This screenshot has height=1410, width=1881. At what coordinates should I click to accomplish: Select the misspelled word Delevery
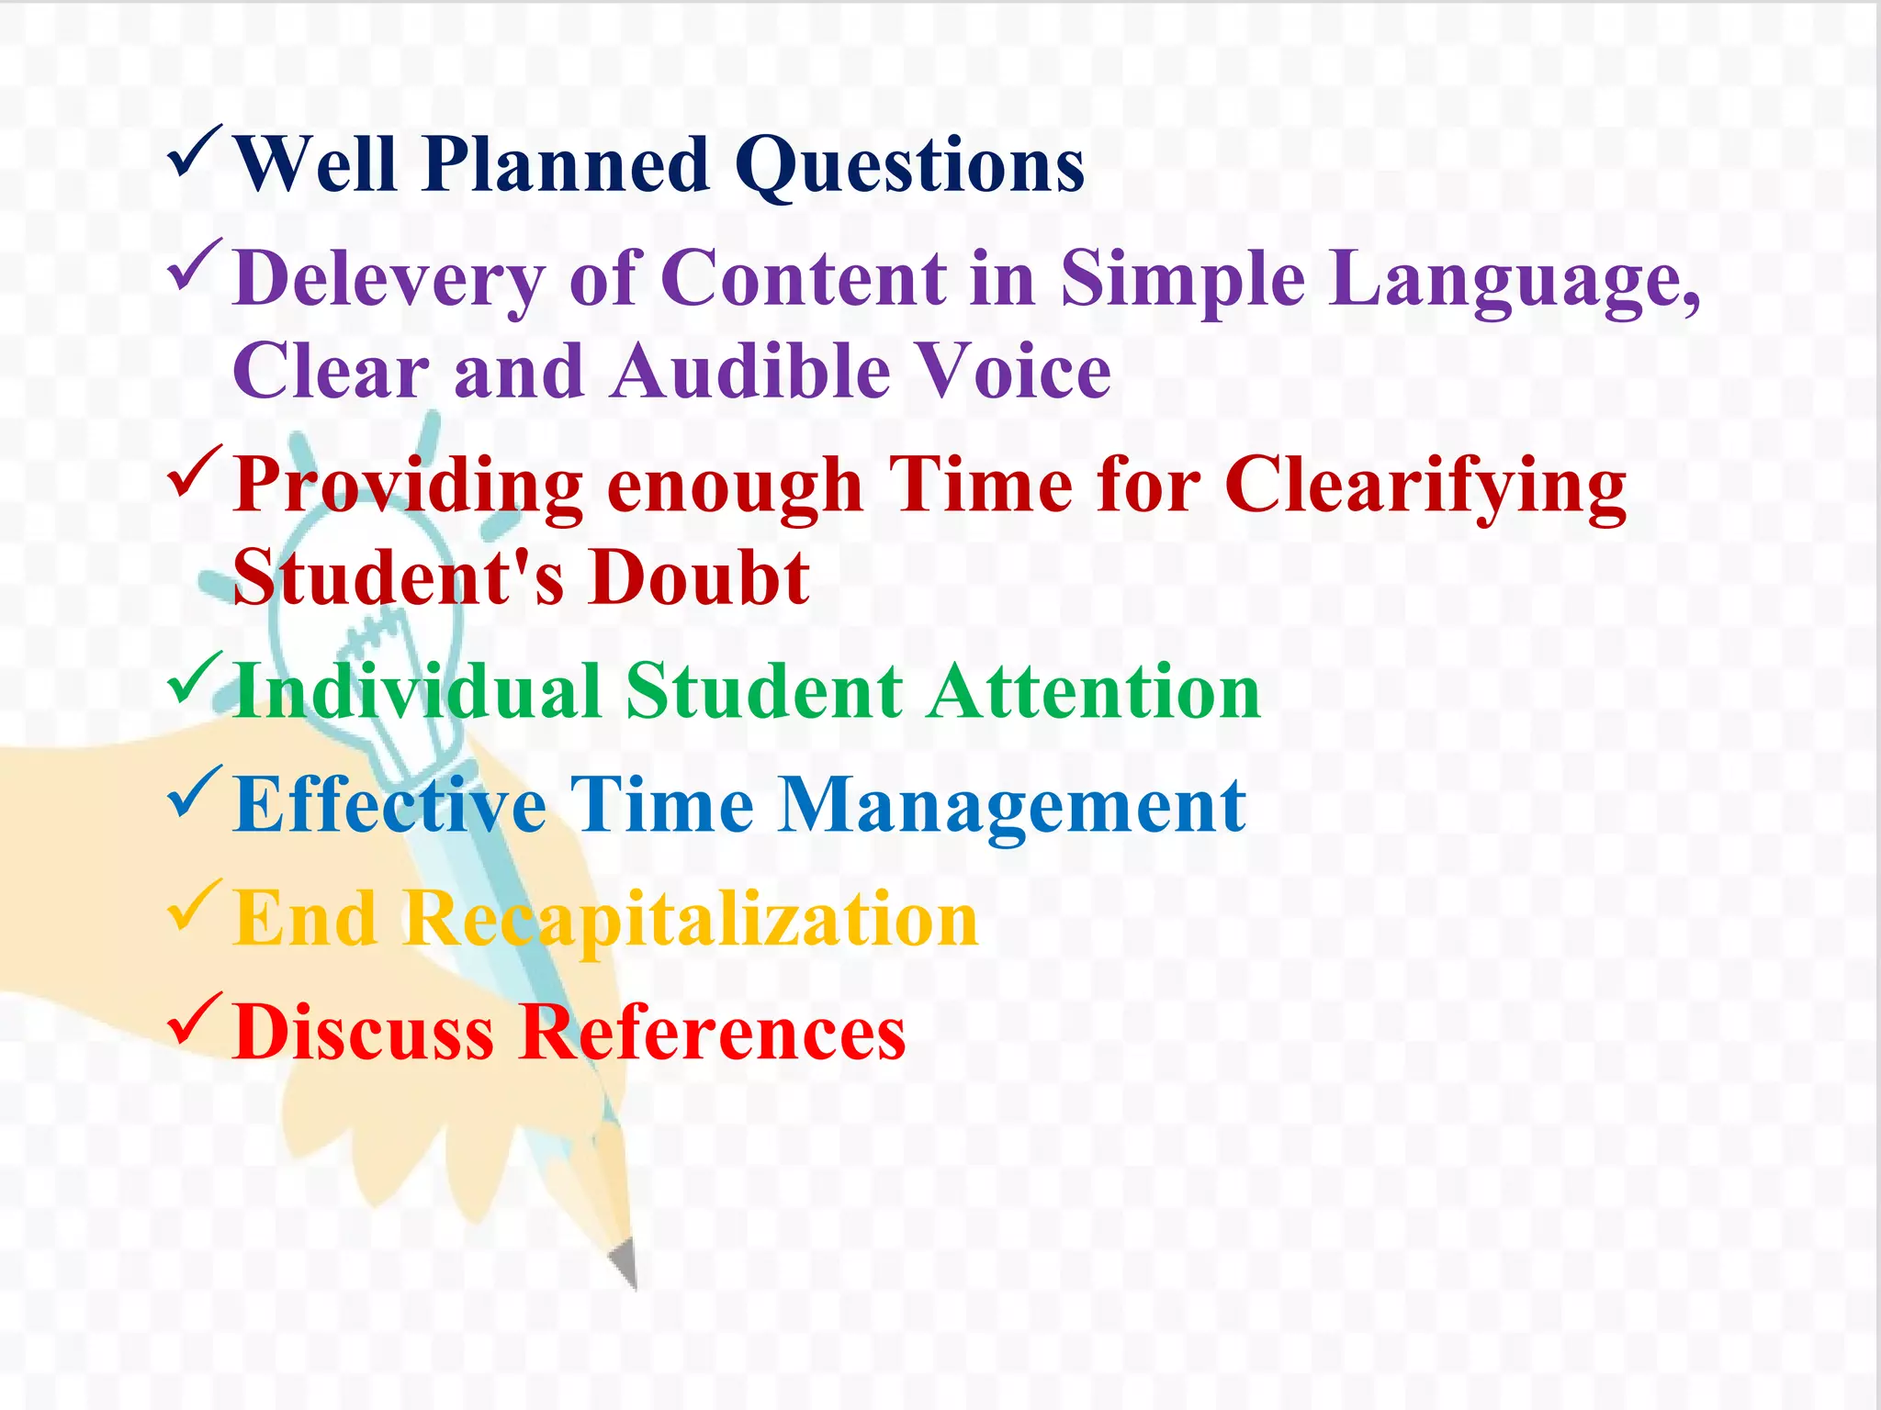click(x=389, y=279)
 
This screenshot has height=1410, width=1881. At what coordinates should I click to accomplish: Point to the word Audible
click(x=751, y=372)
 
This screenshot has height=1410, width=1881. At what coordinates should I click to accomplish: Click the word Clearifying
click(x=1425, y=487)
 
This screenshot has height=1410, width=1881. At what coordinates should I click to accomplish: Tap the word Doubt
click(x=699, y=578)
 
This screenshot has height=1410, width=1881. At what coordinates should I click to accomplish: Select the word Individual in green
click(x=418, y=692)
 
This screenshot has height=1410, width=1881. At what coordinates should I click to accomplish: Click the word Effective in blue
click(x=390, y=805)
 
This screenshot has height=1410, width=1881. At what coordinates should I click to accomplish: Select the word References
click(x=712, y=1033)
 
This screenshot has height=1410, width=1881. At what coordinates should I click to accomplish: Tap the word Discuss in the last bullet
click(x=364, y=1033)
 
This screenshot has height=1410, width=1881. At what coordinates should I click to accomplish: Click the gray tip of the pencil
click(x=625, y=1263)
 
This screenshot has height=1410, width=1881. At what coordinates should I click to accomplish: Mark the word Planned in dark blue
click(x=566, y=165)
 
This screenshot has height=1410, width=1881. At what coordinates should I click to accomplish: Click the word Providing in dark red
click(x=408, y=487)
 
